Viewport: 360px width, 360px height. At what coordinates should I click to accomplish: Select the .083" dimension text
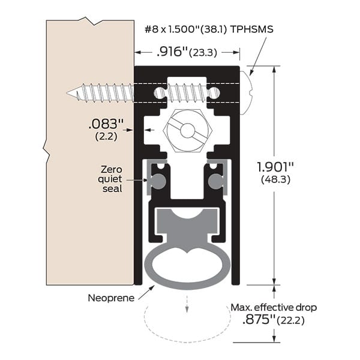106,124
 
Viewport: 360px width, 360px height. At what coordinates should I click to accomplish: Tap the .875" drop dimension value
257,320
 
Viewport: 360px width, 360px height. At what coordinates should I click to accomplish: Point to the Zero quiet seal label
112,179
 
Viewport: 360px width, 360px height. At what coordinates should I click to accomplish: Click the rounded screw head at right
247,92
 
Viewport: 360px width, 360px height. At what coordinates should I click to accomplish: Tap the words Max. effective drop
273,308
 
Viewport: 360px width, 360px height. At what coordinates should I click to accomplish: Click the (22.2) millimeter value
291,320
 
